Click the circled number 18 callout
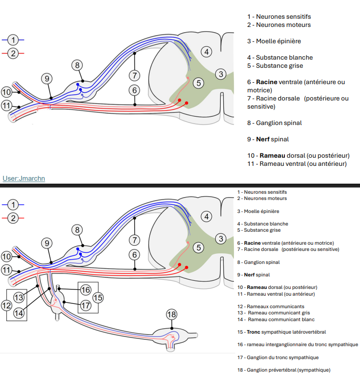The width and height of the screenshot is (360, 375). pos(172,315)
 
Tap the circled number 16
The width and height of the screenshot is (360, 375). pos(86,290)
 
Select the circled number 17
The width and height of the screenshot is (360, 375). pos(86,305)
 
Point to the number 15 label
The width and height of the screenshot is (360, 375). pos(98,298)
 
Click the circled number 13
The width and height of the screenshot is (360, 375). pos(19,297)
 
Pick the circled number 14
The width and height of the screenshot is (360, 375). pos(19,312)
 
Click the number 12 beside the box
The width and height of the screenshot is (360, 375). pos(6,305)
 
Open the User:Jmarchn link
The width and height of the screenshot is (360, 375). pos(24,178)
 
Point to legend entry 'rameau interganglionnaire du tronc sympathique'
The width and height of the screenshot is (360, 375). pos(297,344)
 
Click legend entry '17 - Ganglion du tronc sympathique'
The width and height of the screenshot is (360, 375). pos(278,357)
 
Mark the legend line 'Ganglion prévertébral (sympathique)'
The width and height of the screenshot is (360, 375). pos(283,370)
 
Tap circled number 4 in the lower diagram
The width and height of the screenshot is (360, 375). pos(206,217)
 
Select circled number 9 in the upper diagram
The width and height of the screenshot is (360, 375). pos(46,78)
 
